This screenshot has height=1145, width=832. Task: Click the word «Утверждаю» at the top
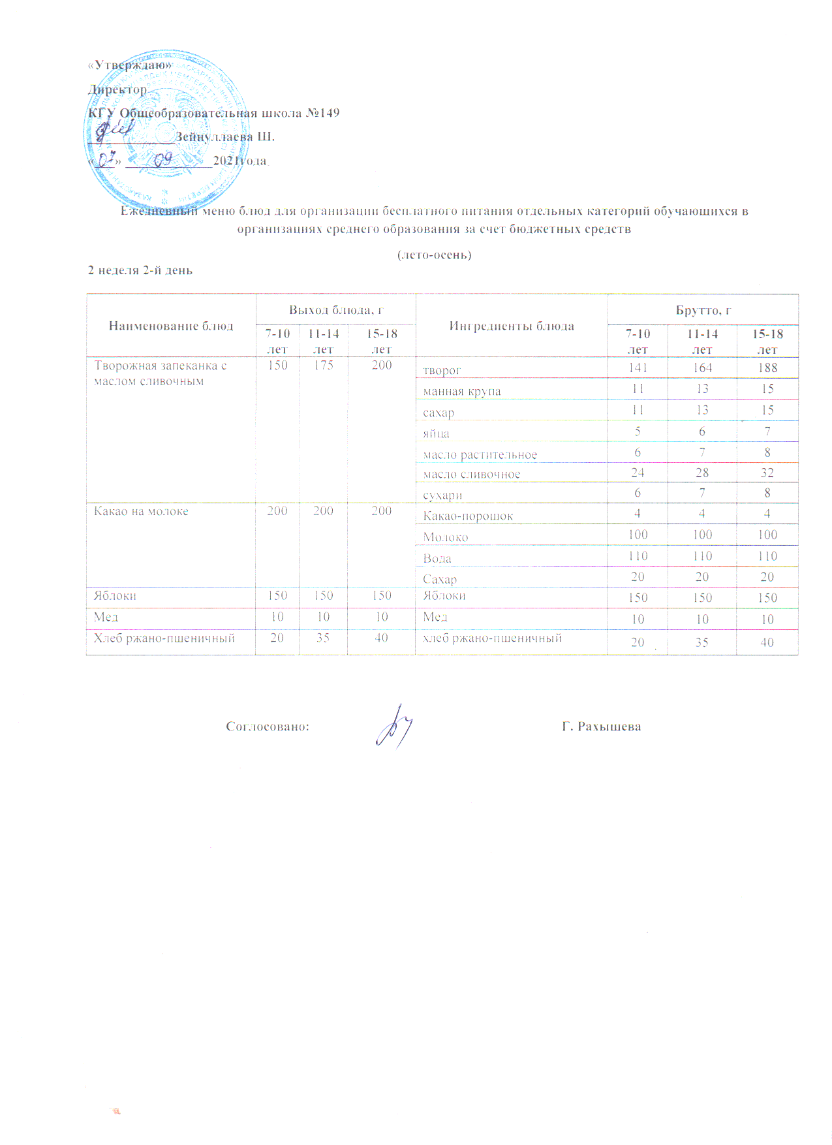click(130, 65)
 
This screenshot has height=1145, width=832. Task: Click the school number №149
click(322, 113)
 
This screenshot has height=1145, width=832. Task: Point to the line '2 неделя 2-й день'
click(140, 270)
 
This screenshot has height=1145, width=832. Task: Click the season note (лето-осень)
click(434, 255)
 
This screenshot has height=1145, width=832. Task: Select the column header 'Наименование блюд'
click(171, 326)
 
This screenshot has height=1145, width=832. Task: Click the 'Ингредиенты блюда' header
click(512, 326)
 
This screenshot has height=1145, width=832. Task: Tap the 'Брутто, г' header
click(703, 310)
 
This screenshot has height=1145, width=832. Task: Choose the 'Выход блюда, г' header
click(335, 310)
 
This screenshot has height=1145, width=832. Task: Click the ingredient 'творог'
click(442, 371)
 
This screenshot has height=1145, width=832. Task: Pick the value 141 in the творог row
click(638, 368)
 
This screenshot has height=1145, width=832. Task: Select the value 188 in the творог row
click(767, 368)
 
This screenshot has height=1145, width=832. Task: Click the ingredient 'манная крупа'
click(462, 392)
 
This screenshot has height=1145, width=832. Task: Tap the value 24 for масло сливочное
click(638, 473)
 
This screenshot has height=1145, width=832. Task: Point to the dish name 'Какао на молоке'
click(141, 511)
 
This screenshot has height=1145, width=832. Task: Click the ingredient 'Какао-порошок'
click(468, 516)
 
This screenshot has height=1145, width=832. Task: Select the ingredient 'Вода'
click(437, 558)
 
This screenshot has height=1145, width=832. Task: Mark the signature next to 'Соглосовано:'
click(395, 725)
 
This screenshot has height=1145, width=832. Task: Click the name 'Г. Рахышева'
click(601, 727)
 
